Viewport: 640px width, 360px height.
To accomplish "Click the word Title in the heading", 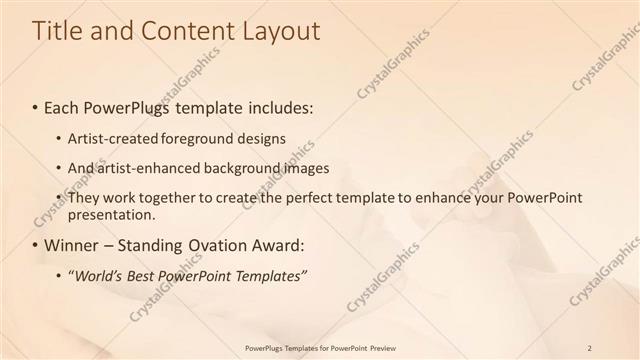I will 57,31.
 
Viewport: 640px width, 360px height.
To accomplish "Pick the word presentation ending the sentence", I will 111,214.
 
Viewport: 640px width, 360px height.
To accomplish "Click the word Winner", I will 73,244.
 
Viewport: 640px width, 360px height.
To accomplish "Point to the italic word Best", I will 145,274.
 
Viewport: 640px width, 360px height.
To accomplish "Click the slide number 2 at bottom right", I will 589,347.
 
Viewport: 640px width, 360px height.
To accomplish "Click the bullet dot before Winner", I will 35,245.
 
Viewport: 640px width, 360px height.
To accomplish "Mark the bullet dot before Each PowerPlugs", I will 35,106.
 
